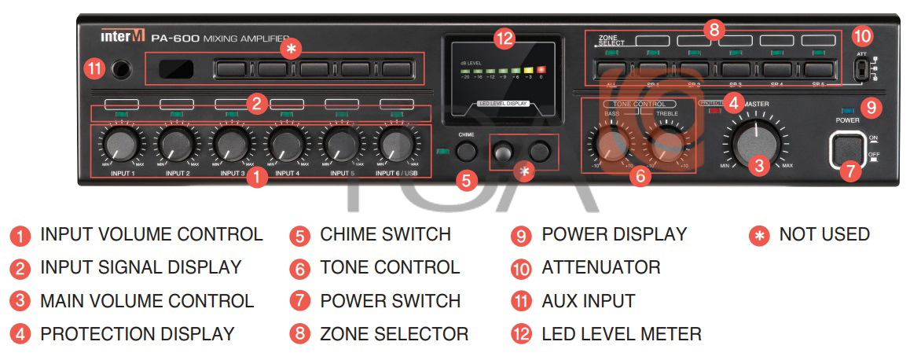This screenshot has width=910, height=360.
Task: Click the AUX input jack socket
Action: (119, 69)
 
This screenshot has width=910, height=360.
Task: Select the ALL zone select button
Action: (611, 69)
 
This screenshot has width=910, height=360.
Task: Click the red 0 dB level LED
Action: (541, 69)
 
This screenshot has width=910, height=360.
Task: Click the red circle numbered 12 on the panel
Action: (504, 37)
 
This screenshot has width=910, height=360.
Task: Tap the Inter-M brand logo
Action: (121, 36)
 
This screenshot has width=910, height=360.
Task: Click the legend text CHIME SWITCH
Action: (385, 234)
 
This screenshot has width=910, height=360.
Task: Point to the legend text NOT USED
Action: (824, 234)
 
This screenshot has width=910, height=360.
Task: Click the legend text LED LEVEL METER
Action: (621, 334)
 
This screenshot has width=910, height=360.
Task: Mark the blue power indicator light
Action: (846, 110)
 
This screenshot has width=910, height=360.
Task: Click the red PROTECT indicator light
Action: (714, 111)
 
